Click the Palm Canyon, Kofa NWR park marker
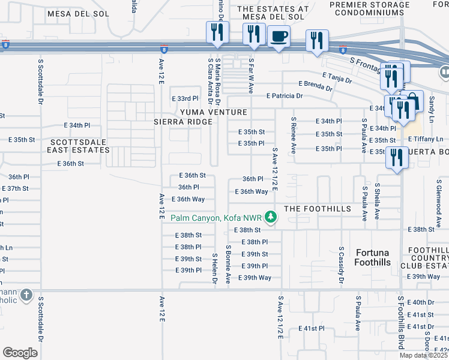(271, 217)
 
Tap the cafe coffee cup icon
(278, 37)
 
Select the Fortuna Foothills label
(373, 257)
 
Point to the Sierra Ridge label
(183, 122)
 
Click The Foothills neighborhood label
(308, 208)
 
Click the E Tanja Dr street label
(337, 77)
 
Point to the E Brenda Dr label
(315, 86)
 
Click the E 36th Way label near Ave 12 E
(188, 199)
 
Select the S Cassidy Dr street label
(341, 265)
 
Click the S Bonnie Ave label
(228, 264)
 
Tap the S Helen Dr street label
(214, 268)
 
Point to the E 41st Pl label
(313, 329)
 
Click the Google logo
(20, 352)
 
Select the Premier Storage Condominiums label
(370, 8)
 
